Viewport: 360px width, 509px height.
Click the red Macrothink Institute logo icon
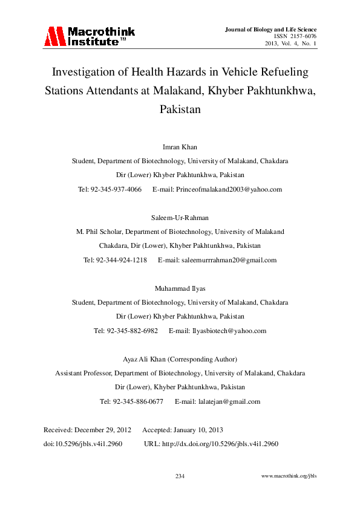(54, 37)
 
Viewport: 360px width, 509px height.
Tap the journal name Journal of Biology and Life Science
(270, 29)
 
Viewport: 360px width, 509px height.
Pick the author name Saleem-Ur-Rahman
(180, 217)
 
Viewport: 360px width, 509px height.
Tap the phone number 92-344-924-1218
(123, 260)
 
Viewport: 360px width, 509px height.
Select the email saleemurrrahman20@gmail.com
(226, 260)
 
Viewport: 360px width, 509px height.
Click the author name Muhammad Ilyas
(180, 288)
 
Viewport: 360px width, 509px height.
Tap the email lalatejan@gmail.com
(227, 401)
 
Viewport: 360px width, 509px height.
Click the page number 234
(180, 476)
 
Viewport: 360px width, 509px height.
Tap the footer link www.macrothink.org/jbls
(289, 476)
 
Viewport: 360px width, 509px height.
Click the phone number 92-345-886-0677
(140, 401)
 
